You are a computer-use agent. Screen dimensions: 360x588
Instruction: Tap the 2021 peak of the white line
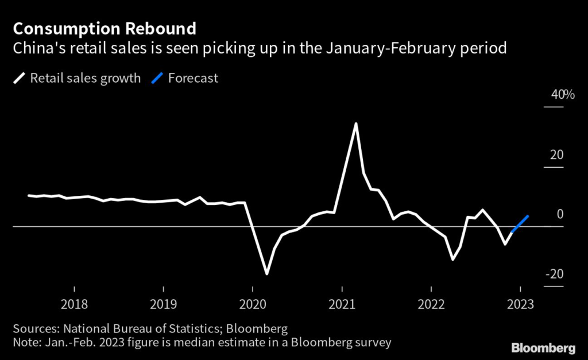click(x=356, y=123)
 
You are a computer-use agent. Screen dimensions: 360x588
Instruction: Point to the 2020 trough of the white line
click(x=267, y=273)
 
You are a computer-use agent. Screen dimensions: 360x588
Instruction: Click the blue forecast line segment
click(x=520, y=223)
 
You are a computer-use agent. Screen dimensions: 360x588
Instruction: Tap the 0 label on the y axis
click(x=560, y=214)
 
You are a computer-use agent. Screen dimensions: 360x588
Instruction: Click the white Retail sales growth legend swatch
click(x=19, y=79)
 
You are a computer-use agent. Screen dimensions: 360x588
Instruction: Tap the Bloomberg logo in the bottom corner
click(x=543, y=348)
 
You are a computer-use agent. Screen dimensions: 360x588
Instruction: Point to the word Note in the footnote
click(x=25, y=343)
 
